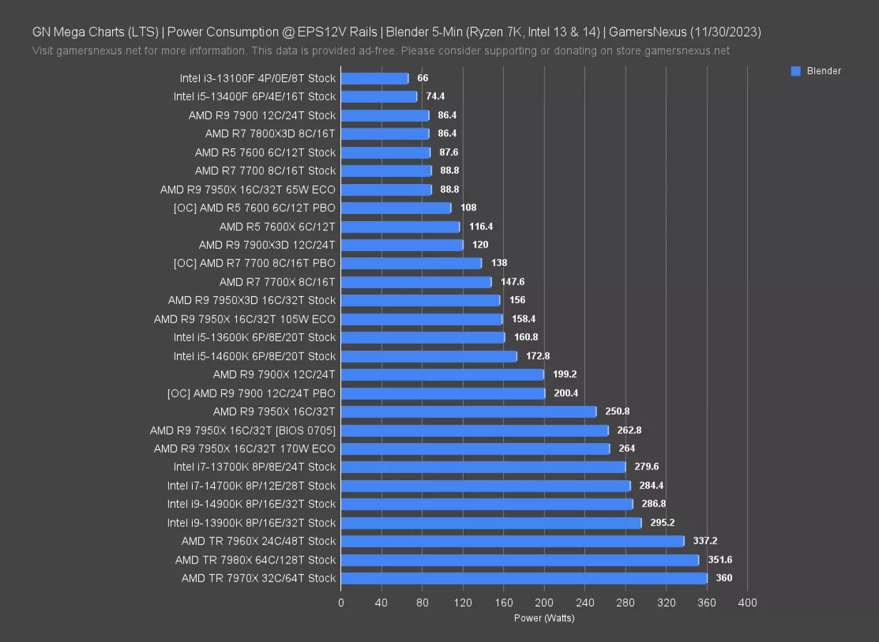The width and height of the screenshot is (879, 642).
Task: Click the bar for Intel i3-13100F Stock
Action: (x=375, y=78)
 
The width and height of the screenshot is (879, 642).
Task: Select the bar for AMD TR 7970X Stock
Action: (x=524, y=578)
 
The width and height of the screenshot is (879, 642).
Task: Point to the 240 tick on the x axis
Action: (x=585, y=603)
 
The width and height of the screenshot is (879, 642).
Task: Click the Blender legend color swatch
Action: (x=796, y=71)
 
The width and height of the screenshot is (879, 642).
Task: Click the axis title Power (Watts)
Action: (x=544, y=618)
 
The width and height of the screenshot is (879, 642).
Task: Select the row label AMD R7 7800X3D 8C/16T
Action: (x=270, y=133)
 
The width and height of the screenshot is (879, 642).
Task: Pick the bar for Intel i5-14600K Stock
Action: (x=429, y=355)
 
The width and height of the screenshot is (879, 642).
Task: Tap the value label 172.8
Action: (x=538, y=355)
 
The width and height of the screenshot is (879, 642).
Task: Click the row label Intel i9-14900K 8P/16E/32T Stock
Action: (x=251, y=504)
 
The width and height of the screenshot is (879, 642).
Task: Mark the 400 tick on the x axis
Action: (x=748, y=603)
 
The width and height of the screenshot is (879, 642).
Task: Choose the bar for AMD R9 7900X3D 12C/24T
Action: (x=402, y=245)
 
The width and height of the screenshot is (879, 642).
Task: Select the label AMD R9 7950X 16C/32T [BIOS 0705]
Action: (x=243, y=430)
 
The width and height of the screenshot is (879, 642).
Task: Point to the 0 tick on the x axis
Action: (x=341, y=603)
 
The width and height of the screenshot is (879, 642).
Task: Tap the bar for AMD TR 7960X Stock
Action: (x=512, y=541)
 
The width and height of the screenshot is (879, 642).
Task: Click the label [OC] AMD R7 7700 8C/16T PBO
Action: (x=254, y=263)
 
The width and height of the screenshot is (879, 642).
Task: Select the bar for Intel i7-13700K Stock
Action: (x=483, y=467)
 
